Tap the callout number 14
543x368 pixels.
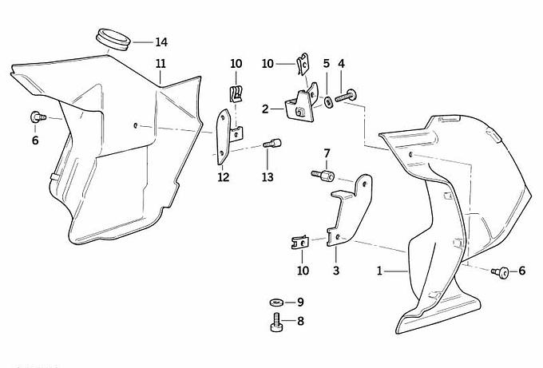[161, 42]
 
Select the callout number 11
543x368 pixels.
[161, 63]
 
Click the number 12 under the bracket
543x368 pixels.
[224, 176]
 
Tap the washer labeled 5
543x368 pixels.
[328, 101]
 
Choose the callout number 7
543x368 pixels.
[326, 152]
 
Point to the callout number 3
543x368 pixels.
[336, 271]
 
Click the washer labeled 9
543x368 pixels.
[275, 303]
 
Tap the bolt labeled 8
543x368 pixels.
[275, 323]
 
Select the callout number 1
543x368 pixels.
[380, 271]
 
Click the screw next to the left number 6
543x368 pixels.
[36, 117]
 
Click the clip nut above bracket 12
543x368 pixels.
[236, 93]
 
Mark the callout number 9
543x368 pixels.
[300, 303]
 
